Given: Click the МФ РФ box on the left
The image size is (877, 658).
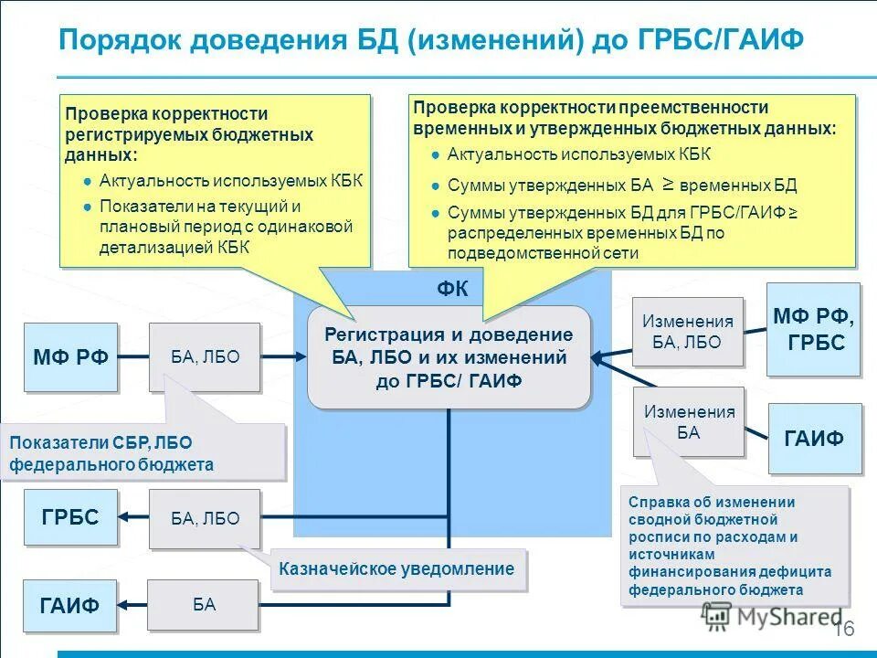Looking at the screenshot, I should [71, 356].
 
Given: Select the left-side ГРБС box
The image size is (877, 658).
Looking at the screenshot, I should [70, 517].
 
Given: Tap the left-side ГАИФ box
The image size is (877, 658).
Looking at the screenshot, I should [69, 604].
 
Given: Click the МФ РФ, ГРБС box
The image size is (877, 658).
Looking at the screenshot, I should [813, 330].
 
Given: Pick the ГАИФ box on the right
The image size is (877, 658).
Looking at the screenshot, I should [814, 438].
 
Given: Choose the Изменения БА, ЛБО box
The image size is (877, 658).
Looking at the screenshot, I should [687, 332].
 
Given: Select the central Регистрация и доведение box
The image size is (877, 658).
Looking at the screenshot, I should [449, 357].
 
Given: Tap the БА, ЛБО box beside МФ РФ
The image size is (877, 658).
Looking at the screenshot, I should [205, 357].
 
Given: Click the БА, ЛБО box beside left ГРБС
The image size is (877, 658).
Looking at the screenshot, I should [205, 518].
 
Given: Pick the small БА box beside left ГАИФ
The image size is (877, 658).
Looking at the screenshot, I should [204, 604].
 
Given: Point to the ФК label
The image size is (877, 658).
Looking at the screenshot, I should [452, 290].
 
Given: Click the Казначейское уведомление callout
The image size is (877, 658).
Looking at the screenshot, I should [397, 569].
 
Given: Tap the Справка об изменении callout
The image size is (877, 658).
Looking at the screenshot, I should [734, 546].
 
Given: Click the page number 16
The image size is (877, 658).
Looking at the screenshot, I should [843, 629].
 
